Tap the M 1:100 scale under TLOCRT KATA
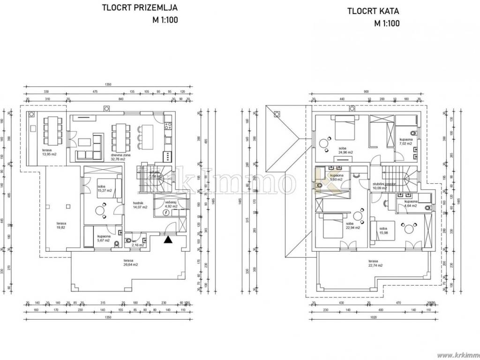point(387,23)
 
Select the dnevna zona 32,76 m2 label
point(118,157)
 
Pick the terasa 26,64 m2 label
point(128,262)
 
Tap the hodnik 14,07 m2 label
point(140,204)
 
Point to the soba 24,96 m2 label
point(345,150)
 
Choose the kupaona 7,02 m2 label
point(406,142)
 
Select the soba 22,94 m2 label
point(352,225)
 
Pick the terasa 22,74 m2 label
point(375,263)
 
